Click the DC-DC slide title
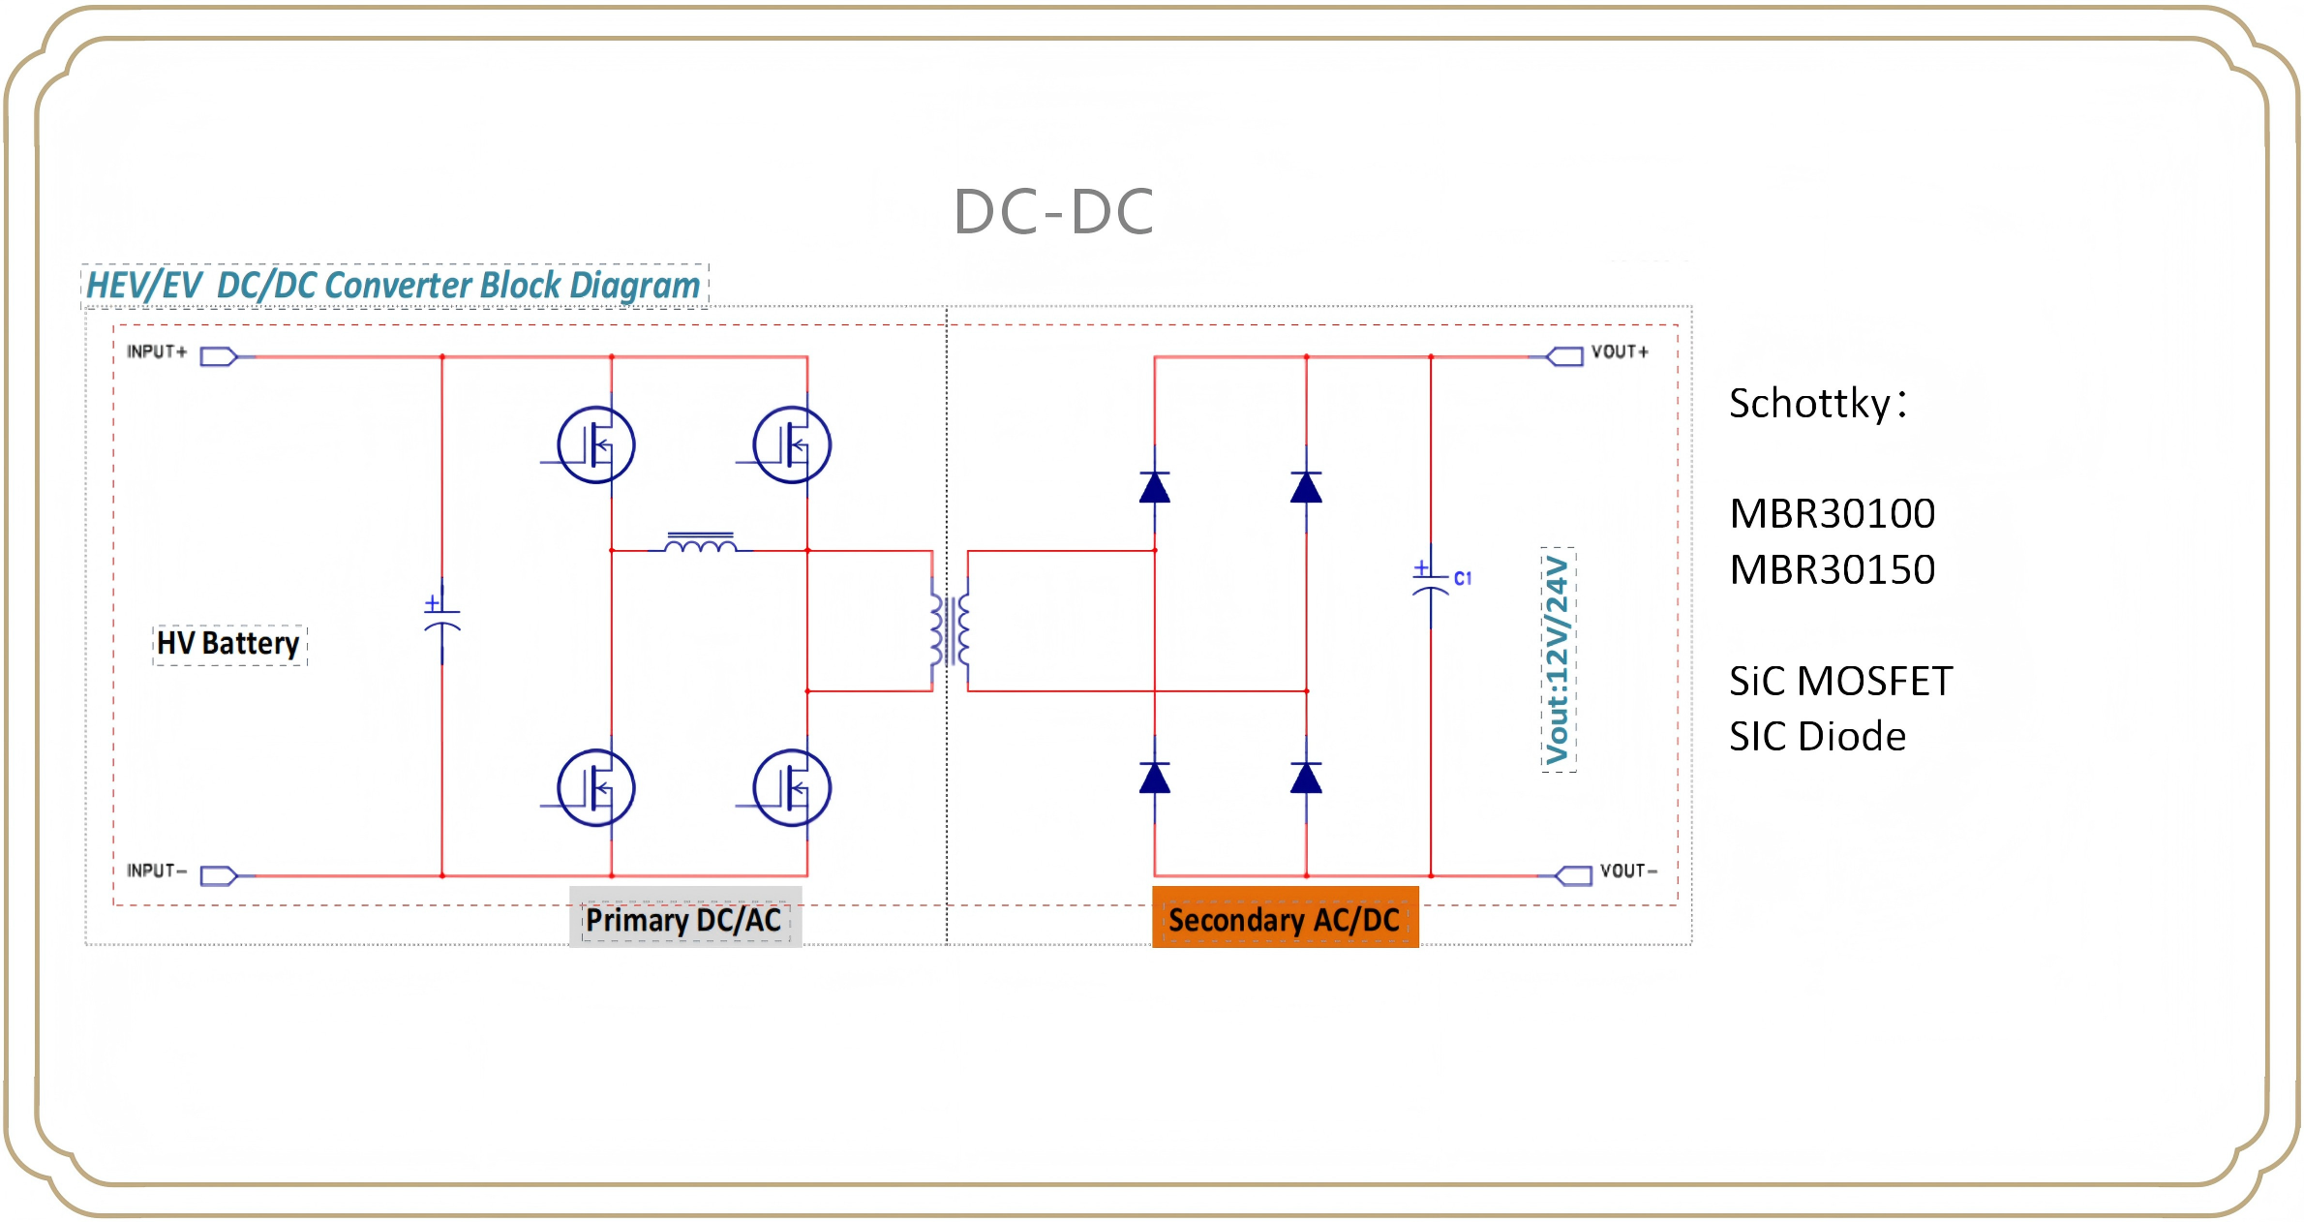[1053, 211]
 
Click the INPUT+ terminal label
[156, 351]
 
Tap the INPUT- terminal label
[156, 871]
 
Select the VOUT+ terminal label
[1620, 351]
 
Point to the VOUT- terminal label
[1628, 871]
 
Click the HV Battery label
[228, 644]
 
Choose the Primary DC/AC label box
[683, 919]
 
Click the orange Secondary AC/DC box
[1285, 918]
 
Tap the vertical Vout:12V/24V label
[1558, 659]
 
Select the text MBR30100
[1832, 514]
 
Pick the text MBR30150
[1832, 570]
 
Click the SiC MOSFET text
[1840, 682]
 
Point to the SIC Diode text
[1817, 737]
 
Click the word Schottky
[1809, 403]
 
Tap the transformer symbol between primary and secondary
[950, 630]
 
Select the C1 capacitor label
[1463, 578]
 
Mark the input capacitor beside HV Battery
[442, 618]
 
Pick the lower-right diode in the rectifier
[1306, 778]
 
